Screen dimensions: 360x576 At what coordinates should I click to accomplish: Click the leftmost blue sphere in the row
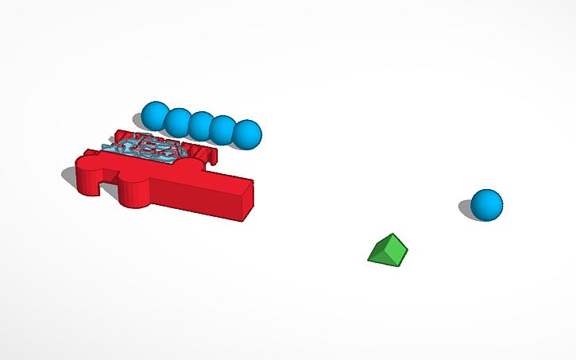click(x=153, y=114)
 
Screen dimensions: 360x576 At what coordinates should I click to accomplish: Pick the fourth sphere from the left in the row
click(x=223, y=129)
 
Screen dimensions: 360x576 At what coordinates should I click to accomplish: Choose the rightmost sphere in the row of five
click(x=247, y=134)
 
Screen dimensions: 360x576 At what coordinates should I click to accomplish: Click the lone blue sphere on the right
click(x=486, y=205)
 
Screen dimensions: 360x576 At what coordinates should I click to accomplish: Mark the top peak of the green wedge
click(x=390, y=235)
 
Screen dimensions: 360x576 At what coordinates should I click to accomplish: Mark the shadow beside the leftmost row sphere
click(x=138, y=122)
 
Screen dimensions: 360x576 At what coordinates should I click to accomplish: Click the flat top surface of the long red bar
click(x=207, y=176)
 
